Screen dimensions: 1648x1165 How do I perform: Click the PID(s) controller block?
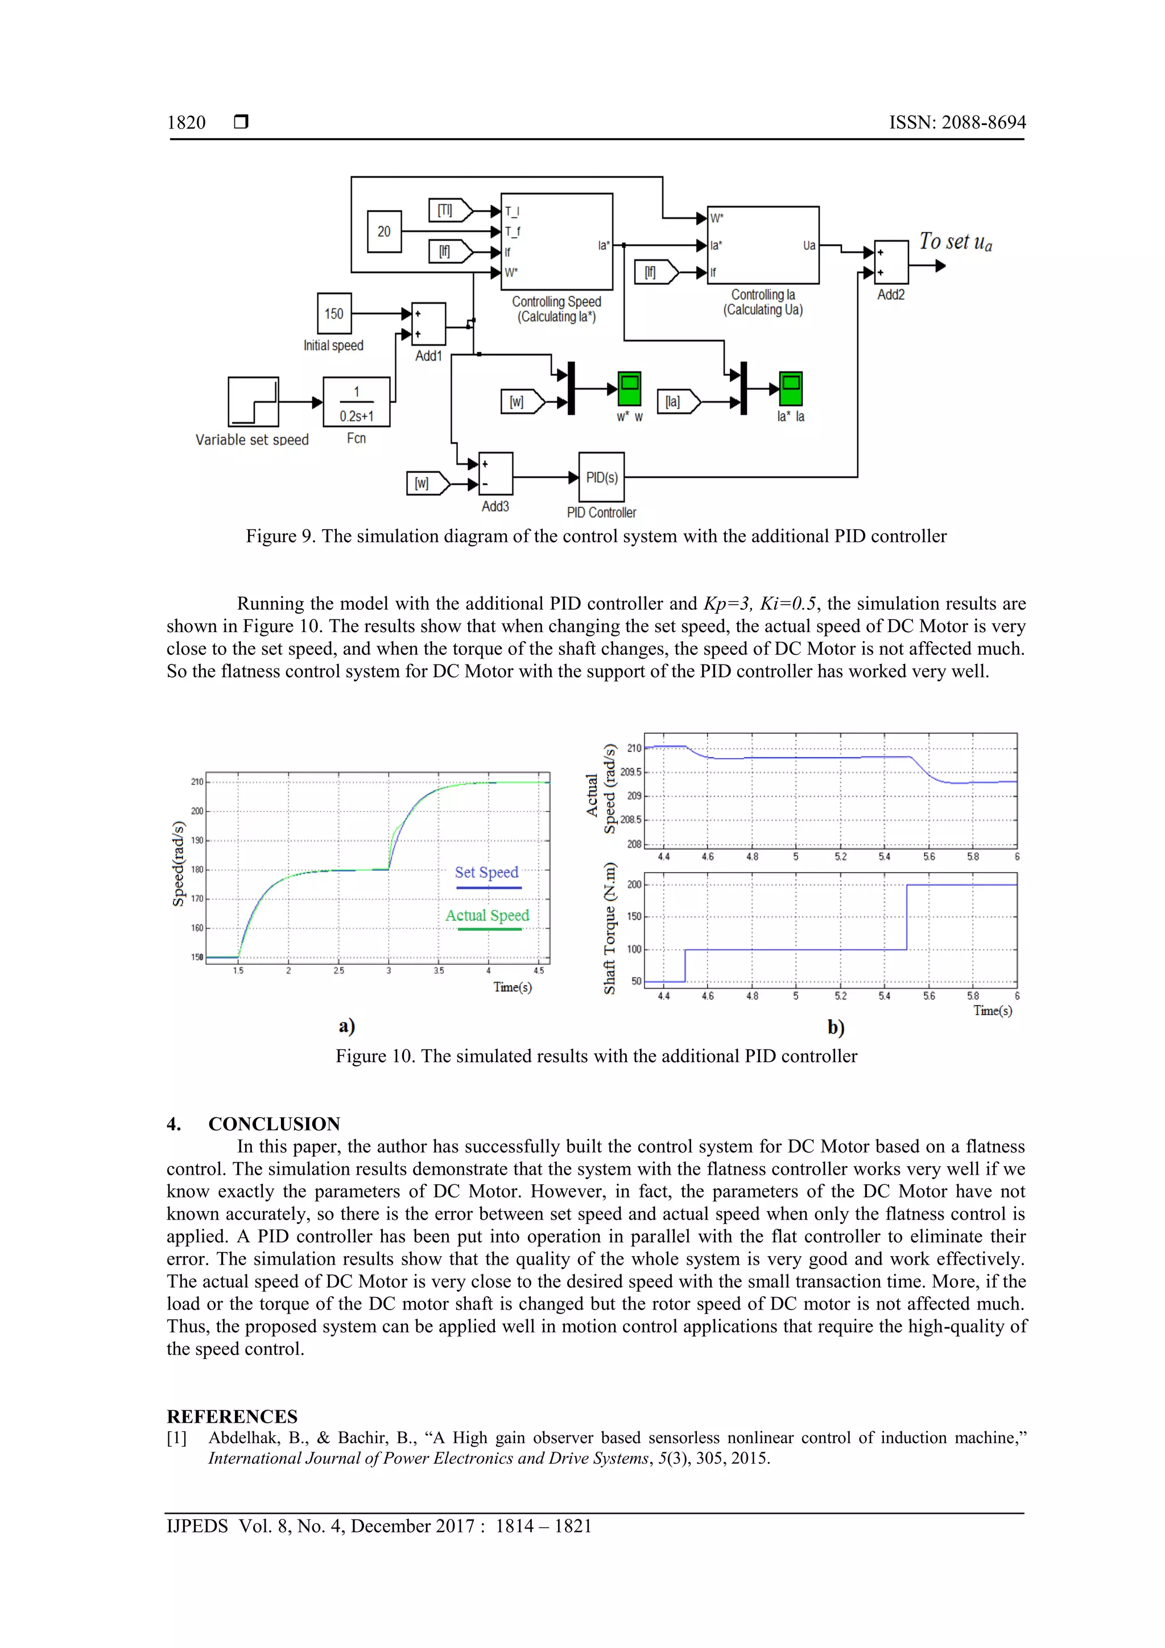click(x=601, y=477)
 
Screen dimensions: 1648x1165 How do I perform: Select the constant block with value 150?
click(x=334, y=313)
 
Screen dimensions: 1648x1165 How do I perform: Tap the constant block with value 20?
click(x=384, y=231)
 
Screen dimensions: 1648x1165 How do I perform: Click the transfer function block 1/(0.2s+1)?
click(x=356, y=403)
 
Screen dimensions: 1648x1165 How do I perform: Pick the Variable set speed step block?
click(x=253, y=402)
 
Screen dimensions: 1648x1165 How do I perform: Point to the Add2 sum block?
click(x=891, y=263)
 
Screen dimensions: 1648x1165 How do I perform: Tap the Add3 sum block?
click(x=495, y=474)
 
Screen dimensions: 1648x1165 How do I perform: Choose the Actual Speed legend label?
click(x=487, y=915)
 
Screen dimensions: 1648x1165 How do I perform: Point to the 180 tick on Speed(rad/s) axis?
click(x=197, y=869)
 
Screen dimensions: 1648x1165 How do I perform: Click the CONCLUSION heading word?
click(x=274, y=1124)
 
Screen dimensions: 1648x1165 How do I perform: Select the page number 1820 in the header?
click(x=186, y=123)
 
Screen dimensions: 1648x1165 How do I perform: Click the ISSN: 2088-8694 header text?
click(x=957, y=123)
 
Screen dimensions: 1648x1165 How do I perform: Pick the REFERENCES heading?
click(x=232, y=1416)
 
